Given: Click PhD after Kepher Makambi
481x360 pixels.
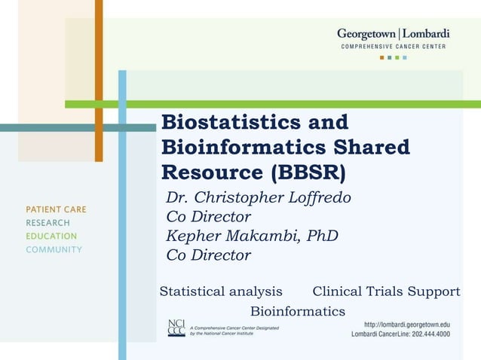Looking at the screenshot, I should [323, 236].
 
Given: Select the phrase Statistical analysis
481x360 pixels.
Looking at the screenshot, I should [221, 291].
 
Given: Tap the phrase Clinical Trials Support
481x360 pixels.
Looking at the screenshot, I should [386, 291].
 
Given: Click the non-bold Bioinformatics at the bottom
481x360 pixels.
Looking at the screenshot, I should [297, 311].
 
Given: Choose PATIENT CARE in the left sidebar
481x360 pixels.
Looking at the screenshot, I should [56, 209].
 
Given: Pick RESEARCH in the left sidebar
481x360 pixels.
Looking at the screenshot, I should [47, 223].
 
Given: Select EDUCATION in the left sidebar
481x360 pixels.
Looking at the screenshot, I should [51, 236].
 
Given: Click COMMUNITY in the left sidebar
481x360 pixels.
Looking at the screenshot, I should [54, 250].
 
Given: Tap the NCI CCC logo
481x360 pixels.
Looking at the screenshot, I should [176, 328].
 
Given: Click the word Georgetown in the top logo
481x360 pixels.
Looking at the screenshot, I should [367, 34].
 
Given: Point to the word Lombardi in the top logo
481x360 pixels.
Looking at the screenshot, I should [427, 34].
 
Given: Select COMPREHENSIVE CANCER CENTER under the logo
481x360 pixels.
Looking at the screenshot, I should [393, 47].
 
